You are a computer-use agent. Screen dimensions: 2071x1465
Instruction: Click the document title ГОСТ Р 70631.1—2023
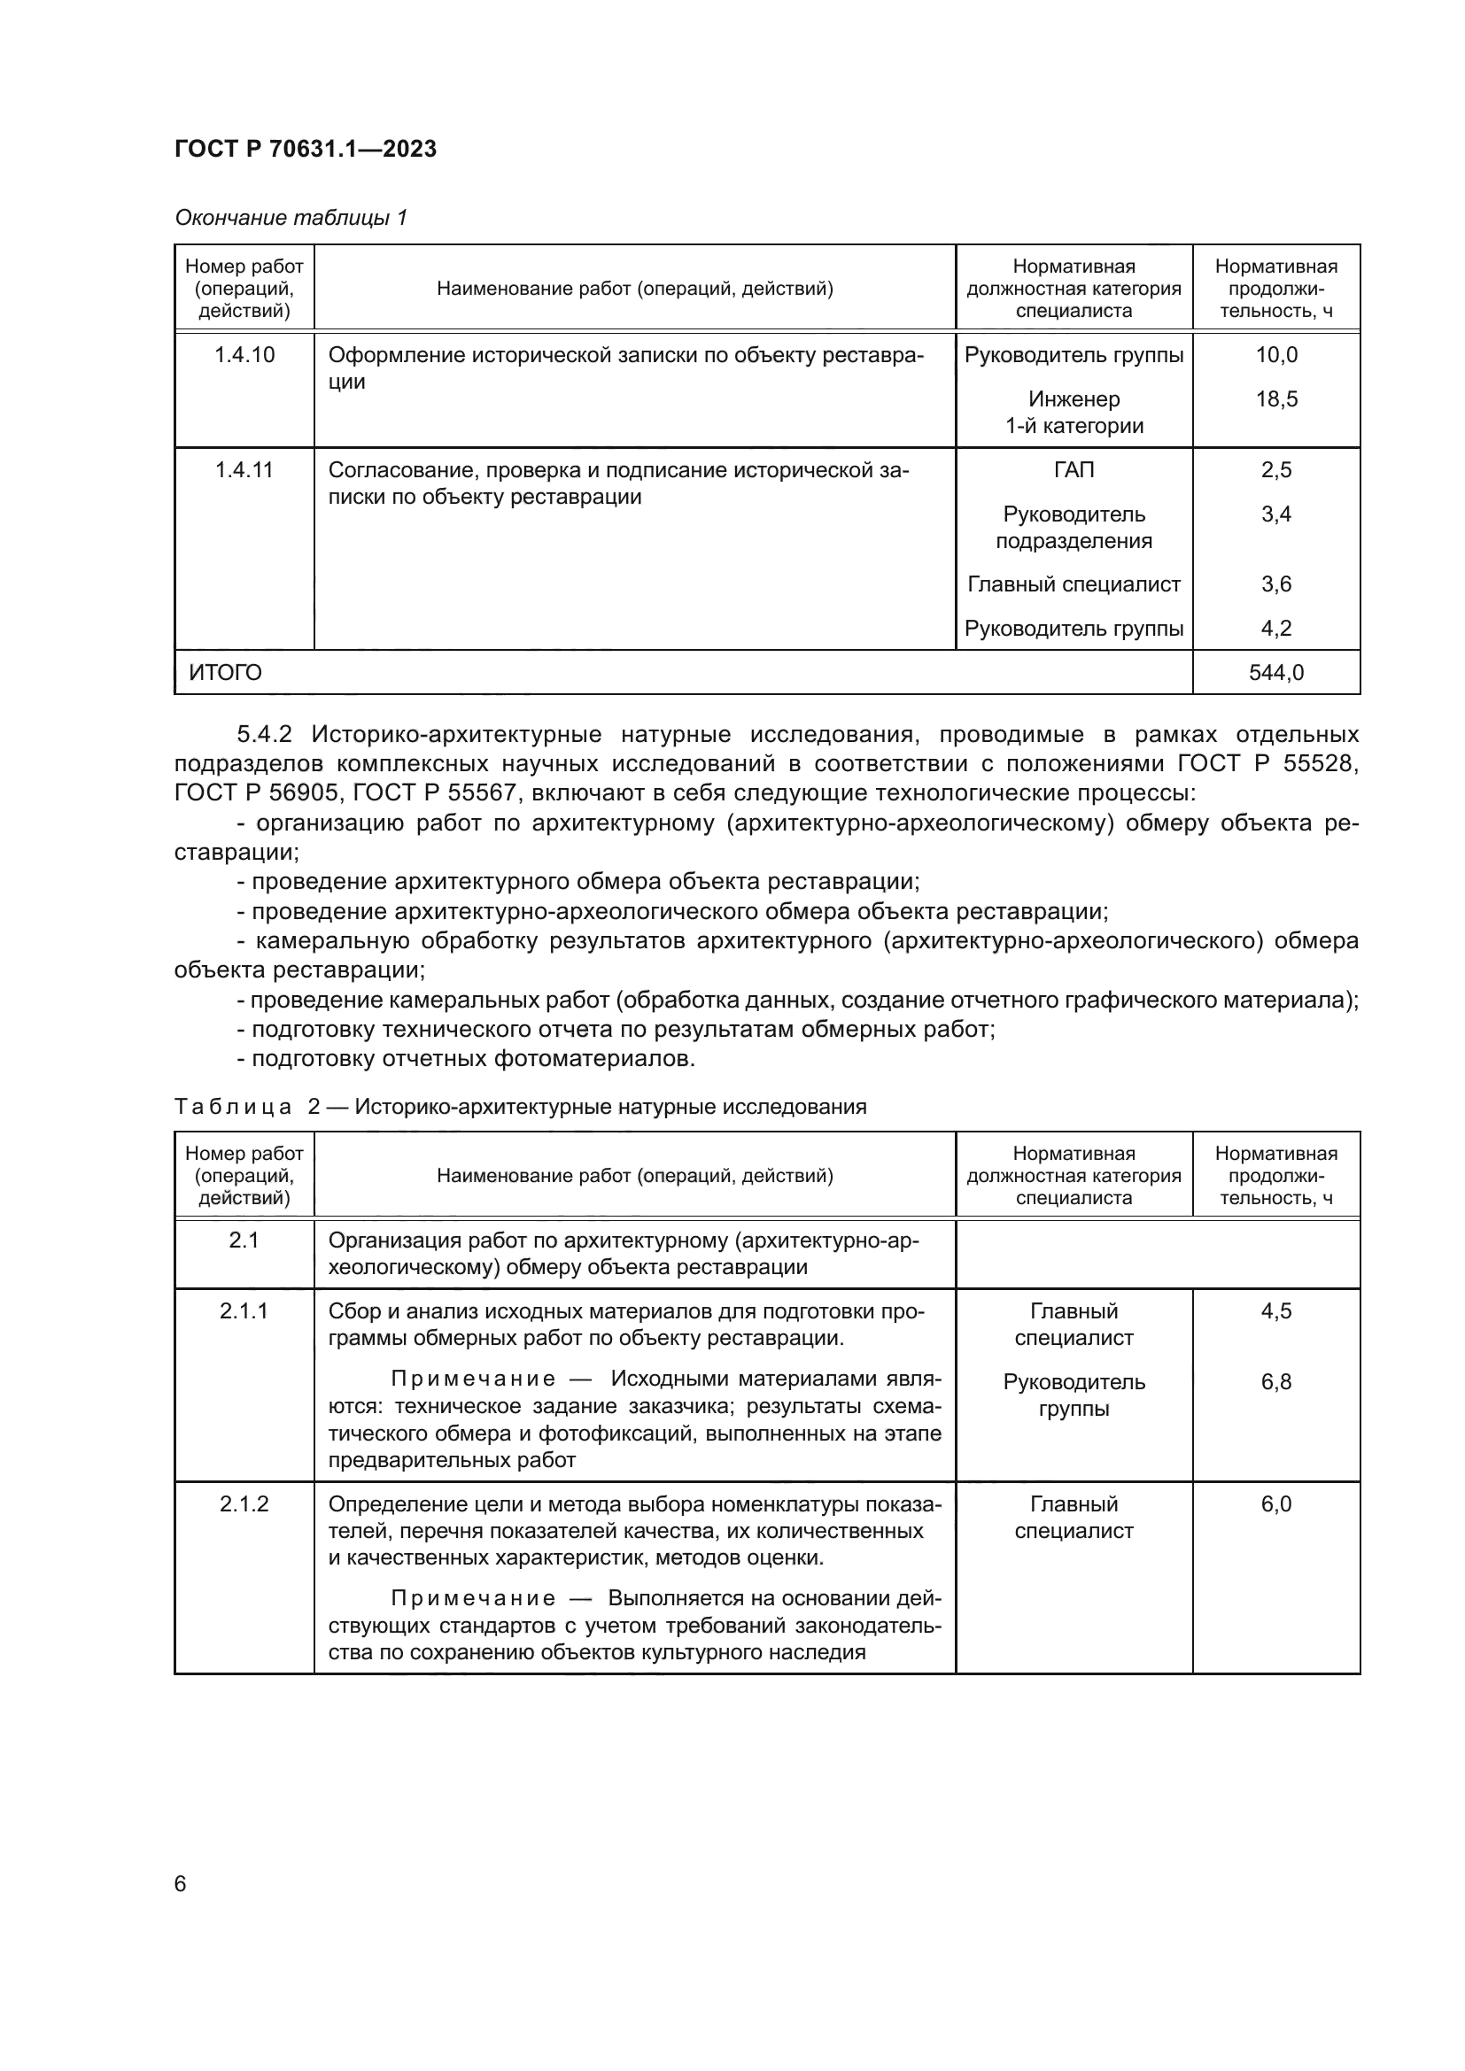(x=305, y=149)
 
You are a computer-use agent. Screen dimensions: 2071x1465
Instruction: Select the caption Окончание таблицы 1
(x=291, y=218)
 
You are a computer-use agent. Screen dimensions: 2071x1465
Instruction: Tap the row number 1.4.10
(x=244, y=354)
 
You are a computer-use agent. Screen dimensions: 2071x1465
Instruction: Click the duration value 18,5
(x=1275, y=398)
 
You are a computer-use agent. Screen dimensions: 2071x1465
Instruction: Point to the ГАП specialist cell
(x=1074, y=469)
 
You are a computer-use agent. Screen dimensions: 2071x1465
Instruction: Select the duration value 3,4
(x=1275, y=514)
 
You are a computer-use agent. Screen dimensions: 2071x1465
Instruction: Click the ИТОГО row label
(x=226, y=672)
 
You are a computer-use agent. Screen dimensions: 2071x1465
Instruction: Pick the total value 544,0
(x=1275, y=672)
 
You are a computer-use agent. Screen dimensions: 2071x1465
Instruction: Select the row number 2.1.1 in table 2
(x=244, y=1310)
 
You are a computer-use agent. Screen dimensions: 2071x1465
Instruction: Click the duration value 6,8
(x=1275, y=1382)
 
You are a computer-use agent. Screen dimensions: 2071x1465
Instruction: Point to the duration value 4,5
(x=1275, y=1310)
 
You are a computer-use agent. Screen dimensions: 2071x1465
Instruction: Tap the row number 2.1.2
(x=244, y=1503)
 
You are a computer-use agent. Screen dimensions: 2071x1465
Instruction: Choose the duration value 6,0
(x=1275, y=1503)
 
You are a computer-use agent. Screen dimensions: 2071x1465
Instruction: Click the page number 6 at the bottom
(x=181, y=1883)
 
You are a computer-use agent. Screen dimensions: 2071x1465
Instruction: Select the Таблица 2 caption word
(x=233, y=1107)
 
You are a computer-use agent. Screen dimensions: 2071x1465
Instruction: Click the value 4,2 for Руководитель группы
(x=1275, y=628)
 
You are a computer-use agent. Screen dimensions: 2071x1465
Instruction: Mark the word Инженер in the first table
(x=1074, y=398)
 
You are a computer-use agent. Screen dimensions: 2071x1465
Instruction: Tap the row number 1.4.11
(x=244, y=469)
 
